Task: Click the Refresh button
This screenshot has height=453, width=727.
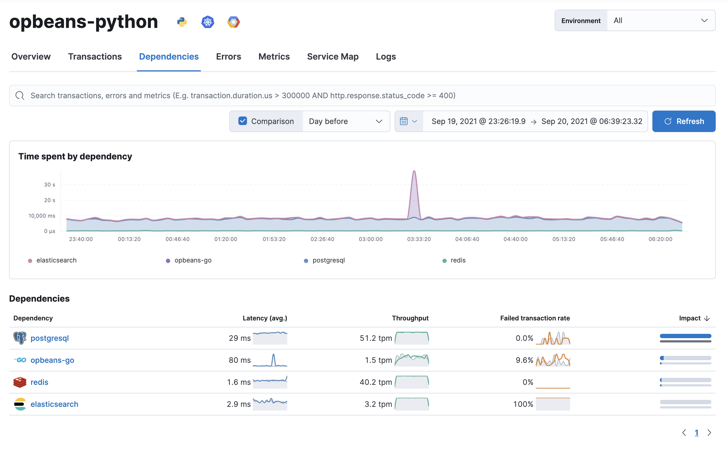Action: (x=684, y=121)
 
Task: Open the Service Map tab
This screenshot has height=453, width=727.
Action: (x=333, y=57)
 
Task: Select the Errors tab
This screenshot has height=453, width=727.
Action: (x=228, y=57)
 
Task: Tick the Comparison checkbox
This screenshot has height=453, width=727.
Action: (x=242, y=121)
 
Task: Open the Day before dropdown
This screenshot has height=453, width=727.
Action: (x=346, y=121)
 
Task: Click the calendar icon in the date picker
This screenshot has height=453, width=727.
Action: (x=404, y=121)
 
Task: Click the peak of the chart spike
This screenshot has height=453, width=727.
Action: (x=414, y=171)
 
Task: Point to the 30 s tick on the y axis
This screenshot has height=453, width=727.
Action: (x=49, y=185)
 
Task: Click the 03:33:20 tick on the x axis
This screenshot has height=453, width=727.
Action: (x=419, y=239)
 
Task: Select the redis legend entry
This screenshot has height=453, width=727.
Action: (x=457, y=260)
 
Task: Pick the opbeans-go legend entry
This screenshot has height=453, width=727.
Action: (x=193, y=260)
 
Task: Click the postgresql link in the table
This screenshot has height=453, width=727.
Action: (x=50, y=338)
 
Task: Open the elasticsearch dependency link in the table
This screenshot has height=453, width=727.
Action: (x=54, y=404)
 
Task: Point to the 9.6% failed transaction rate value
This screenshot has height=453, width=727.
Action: (x=524, y=360)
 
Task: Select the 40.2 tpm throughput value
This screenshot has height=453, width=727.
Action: (x=376, y=382)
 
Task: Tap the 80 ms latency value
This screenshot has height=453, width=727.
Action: (x=239, y=360)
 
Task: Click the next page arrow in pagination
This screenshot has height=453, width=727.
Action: (x=709, y=433)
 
